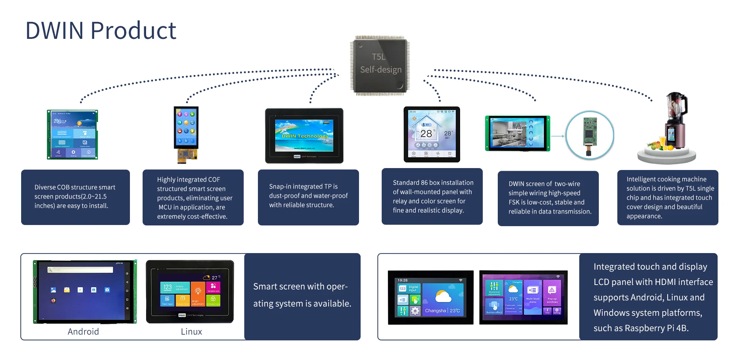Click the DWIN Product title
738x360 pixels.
pos(101,31)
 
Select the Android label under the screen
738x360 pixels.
pos(83,332)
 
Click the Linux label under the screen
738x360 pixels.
pos(191,332)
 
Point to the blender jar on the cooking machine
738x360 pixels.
pos(676,106)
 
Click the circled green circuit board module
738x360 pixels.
pos(590,135)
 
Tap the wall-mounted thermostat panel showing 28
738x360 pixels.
pos(432,134)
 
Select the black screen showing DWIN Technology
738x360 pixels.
pos(304,135)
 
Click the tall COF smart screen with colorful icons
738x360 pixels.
pos(186,129)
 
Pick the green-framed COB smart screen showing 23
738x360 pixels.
pos(72,134)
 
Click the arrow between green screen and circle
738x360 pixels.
pos(557,136)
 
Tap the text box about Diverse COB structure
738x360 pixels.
pos(75,197)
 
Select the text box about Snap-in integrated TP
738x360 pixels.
pos(308,197)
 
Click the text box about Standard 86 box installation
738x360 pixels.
pos(432,196)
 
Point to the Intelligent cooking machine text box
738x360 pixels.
pos(668,197)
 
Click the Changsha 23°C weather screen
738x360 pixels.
pos(430,297)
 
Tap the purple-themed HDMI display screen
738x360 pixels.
pos(523,297)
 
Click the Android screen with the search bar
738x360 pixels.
pos(85,292)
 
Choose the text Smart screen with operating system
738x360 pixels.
pos(302,295)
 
